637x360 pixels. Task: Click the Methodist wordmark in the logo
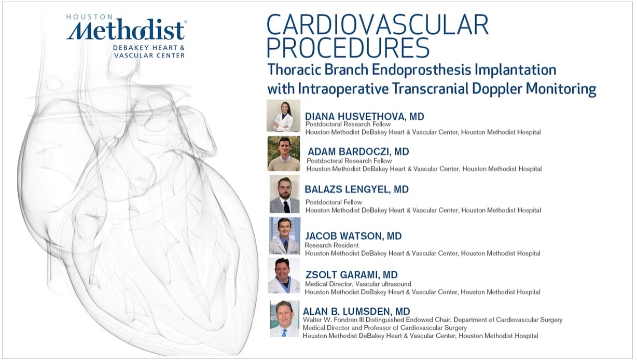tap(126, 30)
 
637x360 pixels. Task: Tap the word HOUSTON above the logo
tap(90, 17)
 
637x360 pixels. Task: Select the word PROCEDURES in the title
tap(348, 48)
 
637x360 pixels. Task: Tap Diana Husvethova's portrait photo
tap(284, 116)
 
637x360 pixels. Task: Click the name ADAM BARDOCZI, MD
tap(358, 151)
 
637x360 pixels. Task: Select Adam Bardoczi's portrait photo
tap(284, 154)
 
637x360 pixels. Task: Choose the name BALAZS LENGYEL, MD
tap(356, 189)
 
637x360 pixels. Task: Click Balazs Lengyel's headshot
tap(284, 194)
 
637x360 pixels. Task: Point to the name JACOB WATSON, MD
tap(353, 236)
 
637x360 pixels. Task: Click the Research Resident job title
tap(331, 245)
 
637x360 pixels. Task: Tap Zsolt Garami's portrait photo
tap(284, 275)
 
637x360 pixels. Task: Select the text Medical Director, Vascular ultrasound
tap(358, 284)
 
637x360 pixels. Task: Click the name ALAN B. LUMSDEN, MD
tap(356, 311)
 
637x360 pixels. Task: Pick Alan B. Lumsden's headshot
tap(284, 319)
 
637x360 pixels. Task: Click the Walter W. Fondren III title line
tap(433, 320)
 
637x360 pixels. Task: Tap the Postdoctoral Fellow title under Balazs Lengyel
tap(334, 202)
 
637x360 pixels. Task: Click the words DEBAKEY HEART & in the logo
tap(149, 48)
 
